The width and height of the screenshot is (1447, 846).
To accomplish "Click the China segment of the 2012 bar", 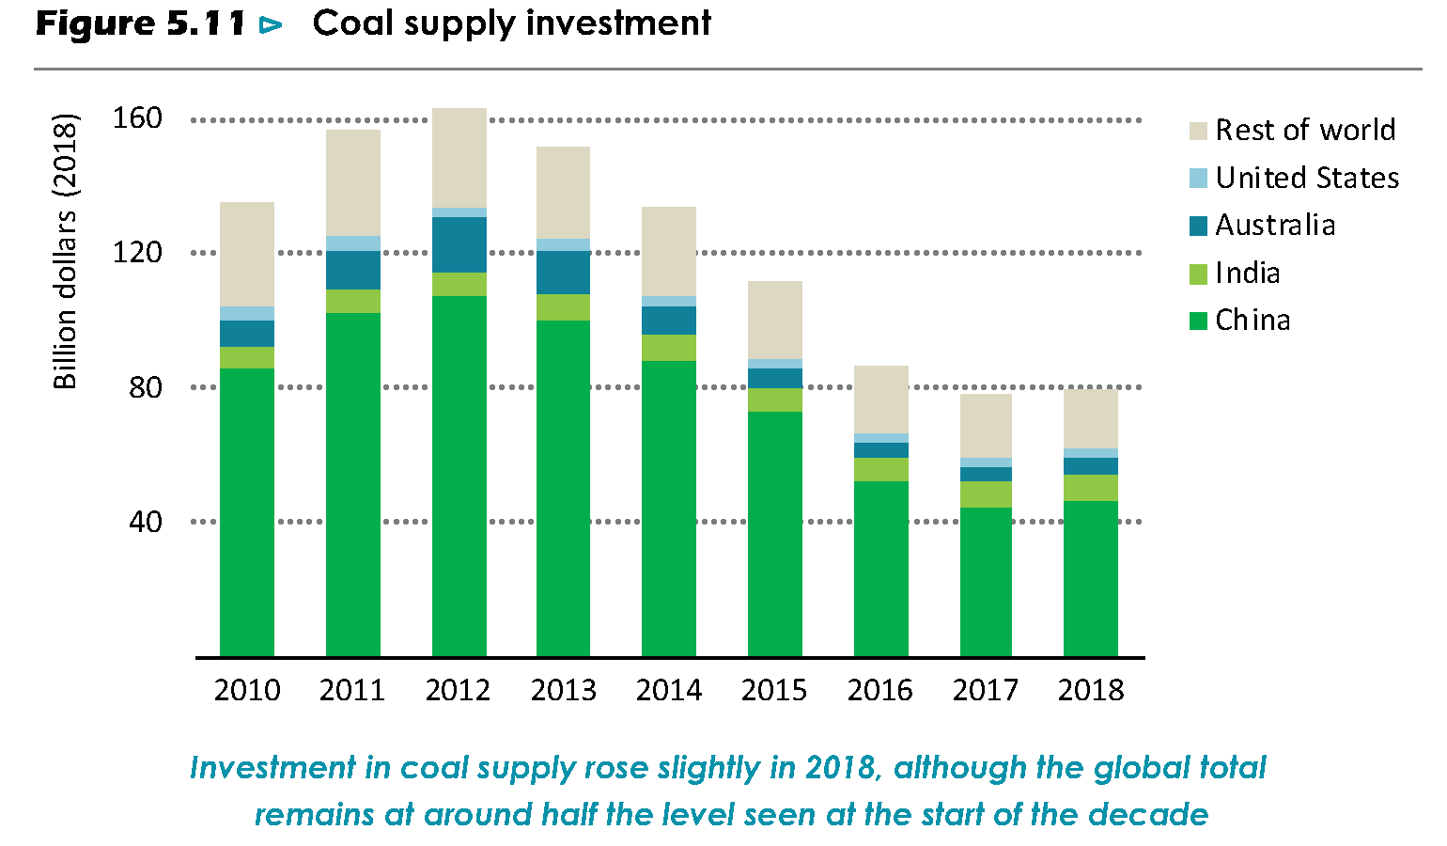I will (459, 476).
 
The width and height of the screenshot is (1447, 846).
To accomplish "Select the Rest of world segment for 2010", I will (247, 254).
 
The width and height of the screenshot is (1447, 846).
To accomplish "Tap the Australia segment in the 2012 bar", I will (459, 244).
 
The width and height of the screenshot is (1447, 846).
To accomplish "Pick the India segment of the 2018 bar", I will (1091, 488).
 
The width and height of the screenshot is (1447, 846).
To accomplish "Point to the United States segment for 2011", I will (353, 243).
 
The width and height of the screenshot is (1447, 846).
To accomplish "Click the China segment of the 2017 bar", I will (986, 582).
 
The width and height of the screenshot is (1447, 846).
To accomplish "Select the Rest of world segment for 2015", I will (775, 320).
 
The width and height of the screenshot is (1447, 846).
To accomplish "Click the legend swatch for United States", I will (1198, 179).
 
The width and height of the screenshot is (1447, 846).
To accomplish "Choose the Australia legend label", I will (1275, 226).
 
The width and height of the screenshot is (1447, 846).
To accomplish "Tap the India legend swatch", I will (1198, 274).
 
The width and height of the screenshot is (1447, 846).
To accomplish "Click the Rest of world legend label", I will (1305, 130).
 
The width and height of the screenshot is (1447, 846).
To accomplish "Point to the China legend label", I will (1253, 321).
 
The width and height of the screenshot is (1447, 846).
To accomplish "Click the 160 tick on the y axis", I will (137, 118).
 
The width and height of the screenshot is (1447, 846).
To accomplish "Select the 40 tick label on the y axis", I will (146, 522).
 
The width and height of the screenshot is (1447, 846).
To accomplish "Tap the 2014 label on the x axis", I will (669, 691).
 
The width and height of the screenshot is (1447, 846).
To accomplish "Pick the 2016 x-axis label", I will (880, 691).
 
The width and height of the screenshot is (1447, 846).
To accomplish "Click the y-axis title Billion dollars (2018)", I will (65, 252).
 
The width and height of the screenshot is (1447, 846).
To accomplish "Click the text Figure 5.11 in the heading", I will (141, 23).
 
